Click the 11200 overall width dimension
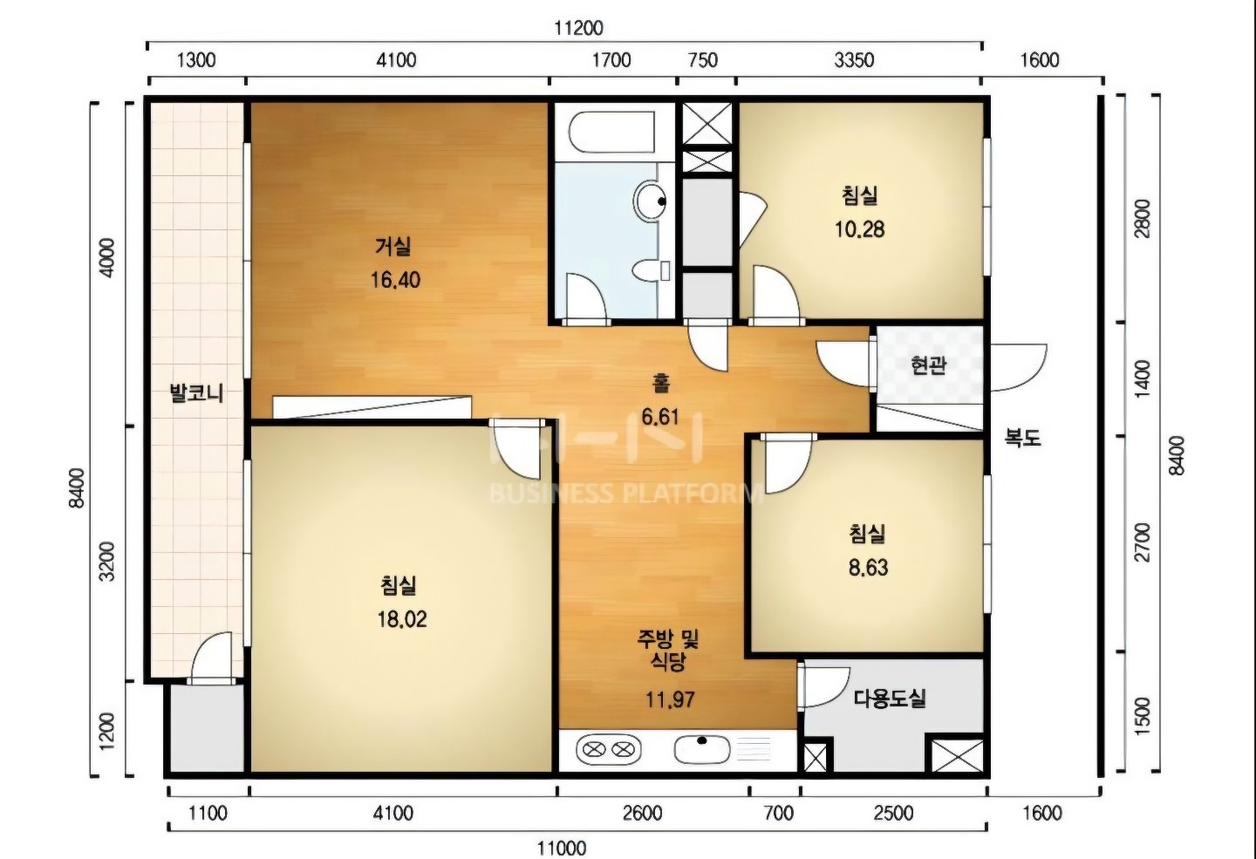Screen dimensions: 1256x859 tap(578, 28)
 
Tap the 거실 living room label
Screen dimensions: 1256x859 tap(393, 246)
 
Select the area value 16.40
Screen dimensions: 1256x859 tap(395, 279)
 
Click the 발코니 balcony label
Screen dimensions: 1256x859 tap(197, 392)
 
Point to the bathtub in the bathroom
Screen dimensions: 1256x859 tap(611, 133)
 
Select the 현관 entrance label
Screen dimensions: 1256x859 tap(929, 365)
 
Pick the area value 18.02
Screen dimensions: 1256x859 tap(402, 619)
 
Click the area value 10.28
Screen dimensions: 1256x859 tap(860, 229)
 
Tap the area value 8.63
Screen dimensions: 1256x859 tap(868, 568)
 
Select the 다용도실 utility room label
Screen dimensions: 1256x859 tap(890, 698)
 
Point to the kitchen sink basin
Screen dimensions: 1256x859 tap(702, 749)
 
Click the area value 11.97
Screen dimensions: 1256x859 tap(670, 699)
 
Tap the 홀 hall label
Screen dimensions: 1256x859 tap(660, 384)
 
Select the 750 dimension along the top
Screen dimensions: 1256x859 tap(702, 60)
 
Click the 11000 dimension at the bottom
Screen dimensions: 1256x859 tap(563, 848)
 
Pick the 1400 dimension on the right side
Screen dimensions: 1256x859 tap(1142, 379)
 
